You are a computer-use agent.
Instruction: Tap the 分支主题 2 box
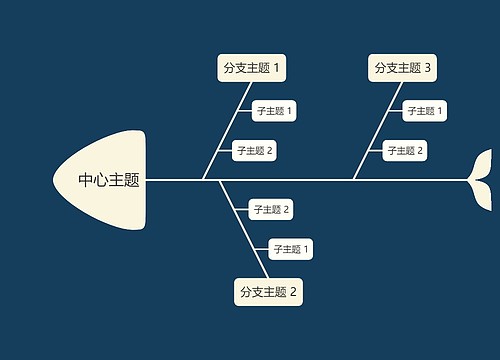(x=268, y=292)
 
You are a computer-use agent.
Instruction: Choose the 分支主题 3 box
(x=403, y=68)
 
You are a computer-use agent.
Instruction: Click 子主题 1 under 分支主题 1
(x=274, y=110)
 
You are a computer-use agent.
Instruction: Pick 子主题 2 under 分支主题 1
(x=254, y=151)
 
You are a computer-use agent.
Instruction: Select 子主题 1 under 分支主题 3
(x=425, y=110)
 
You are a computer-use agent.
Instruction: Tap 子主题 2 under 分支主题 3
(x=405, y=151)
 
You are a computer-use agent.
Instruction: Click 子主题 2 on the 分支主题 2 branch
(x=271, y=209)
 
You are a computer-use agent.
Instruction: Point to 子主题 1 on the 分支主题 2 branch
(x=292, y=249)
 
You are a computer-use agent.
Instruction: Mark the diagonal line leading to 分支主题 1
(x=226, y=131)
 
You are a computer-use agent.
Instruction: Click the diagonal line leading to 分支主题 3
(x=377, y=131)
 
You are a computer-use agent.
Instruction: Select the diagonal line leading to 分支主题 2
(x=236, y=229)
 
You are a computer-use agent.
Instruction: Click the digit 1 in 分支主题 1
(x=277, y=68)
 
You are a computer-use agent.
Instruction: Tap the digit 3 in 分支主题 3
(x=428, y=68)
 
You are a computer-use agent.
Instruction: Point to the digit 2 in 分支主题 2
(x=294, y=292)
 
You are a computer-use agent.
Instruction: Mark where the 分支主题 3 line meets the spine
(x=353, y=180)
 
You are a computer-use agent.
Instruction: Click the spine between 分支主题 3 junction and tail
(x=415, y=180)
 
